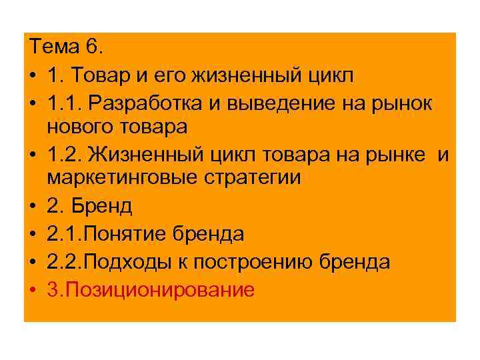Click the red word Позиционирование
tap(159, 289)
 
